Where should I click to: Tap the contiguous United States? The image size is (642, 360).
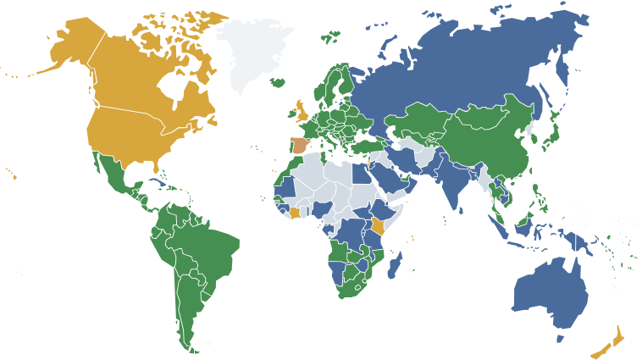coord(136,140)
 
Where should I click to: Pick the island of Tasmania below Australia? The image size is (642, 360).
coord(560,338)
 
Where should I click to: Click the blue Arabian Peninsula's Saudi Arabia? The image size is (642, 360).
coord(394,178)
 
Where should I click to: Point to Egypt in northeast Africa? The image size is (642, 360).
coord(362,169)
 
